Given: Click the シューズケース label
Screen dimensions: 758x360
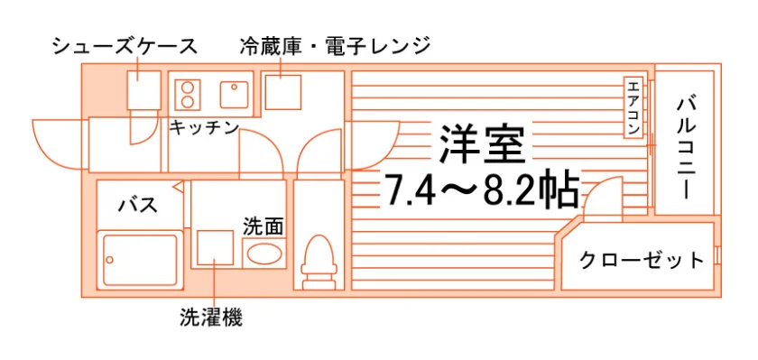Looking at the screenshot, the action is point(125,46).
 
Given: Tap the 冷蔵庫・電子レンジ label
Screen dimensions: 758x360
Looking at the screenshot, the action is point(335,46).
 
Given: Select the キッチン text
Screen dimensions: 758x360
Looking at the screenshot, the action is point(205,127).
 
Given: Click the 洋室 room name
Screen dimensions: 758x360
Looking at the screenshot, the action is point(482,143).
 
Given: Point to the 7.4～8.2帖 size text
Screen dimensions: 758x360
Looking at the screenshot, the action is point(481,189).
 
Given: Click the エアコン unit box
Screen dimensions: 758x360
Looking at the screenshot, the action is point(633,107).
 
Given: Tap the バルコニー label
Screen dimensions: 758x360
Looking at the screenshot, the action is point(686,148).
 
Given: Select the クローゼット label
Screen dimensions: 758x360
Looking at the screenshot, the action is point(642,261).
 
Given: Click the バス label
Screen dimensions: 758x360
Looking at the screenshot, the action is point(138,205).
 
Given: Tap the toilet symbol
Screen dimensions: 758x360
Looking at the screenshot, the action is point(318,262).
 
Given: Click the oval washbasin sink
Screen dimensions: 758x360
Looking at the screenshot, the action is point(263,254).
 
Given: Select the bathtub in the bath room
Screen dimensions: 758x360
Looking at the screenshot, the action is point(140,260).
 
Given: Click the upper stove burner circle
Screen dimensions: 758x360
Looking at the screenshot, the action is point(188,87).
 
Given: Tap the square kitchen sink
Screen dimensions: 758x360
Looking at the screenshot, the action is point(235,94).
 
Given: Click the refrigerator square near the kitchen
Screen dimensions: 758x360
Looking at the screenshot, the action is point(282,92).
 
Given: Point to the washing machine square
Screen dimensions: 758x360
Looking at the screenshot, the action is point(216,248).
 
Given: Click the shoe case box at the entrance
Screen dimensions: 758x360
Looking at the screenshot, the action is point(143,90).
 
